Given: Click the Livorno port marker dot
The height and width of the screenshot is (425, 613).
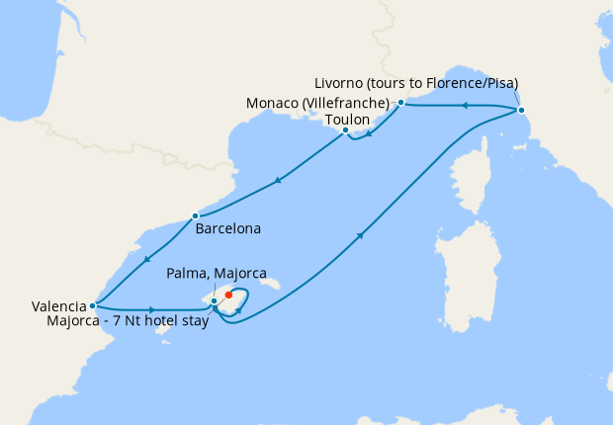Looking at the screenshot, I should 521,110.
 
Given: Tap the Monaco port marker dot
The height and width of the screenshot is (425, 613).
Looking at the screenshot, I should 400,103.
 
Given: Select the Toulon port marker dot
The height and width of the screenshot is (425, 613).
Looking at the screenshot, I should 345,130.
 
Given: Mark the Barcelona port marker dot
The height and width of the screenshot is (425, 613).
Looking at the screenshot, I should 196,215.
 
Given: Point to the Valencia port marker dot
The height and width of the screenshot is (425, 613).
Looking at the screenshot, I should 92,305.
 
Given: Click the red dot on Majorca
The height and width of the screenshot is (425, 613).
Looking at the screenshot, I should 228,294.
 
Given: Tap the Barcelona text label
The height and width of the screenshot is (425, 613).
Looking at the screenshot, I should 228,228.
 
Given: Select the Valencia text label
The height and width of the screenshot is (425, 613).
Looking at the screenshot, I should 58,306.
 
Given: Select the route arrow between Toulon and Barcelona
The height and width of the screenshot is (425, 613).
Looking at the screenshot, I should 279,181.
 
